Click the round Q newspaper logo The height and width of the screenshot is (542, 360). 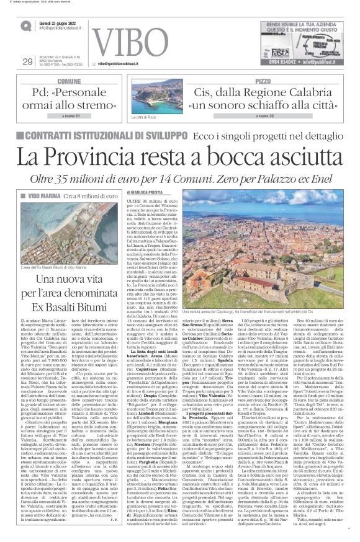tap(26, 25)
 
